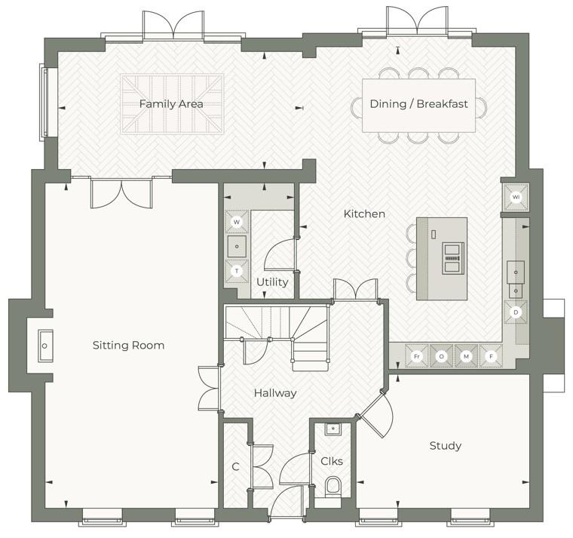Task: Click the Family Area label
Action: pos(170,104)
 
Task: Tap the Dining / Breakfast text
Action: pos(418,104)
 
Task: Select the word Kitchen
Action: pos(364,214)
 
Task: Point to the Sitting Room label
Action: pos(128,346)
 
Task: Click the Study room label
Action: pos(445,446)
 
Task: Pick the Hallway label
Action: pos(274,393)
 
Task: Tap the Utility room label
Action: pos(272,282)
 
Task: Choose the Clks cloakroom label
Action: pos(332,461)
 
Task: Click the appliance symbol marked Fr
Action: pos(416,356)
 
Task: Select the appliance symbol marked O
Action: pos(441,356)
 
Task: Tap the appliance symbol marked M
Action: pos(466,356)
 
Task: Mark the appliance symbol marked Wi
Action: pos(516,197)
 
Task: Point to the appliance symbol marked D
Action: pos(516,312)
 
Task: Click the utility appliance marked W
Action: pos(237,223)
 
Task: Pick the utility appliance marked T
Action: pos(237,270)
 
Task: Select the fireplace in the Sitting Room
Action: pos(45,346)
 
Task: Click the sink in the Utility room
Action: pos(237,246)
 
